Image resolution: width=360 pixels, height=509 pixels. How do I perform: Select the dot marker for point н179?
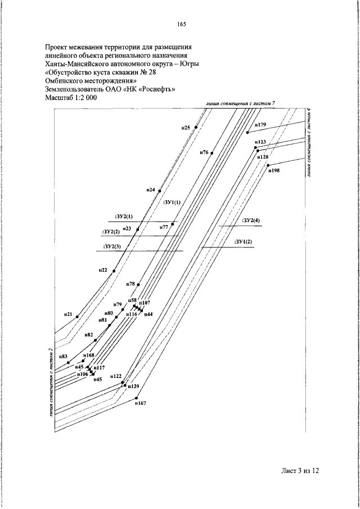coord(247,133)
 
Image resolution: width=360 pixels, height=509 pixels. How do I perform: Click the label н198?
coord(274,170)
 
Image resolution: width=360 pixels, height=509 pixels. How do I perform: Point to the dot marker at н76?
coord(212,152)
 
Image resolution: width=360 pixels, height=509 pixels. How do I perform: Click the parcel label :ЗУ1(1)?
coord(171,202)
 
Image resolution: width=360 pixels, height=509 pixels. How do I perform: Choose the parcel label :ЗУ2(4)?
coord(251,221)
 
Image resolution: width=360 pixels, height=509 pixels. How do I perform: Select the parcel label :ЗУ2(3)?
coord(112,246)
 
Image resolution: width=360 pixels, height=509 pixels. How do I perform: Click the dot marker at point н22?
coord(114,271)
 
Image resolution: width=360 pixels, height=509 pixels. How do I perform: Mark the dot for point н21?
coord(77,317)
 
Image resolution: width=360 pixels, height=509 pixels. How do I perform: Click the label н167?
coord(141,403)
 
